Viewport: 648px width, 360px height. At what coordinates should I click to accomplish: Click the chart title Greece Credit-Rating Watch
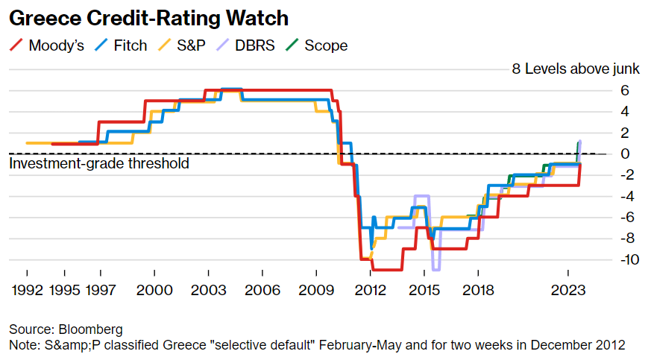tap(149, 18)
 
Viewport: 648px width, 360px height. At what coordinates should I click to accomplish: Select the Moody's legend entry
tap(46, 45)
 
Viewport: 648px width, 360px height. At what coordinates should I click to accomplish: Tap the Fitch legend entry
tap(121, 45)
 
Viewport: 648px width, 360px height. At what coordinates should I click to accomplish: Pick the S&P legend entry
tap(182, 45)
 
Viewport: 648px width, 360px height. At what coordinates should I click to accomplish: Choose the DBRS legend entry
tap(245, 45)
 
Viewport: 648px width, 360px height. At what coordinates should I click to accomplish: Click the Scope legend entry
tap(317, 45)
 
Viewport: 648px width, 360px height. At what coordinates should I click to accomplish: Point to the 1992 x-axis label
tap(28, 290)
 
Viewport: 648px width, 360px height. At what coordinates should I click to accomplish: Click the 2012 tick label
tap(371, 290)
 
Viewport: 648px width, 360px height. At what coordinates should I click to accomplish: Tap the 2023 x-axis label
tap(568, 290)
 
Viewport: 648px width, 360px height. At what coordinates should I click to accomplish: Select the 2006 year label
tap(262, 290)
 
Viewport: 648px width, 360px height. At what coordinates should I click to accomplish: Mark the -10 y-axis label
tap(630, 259)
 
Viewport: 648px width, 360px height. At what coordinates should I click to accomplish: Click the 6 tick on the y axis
tap(625, 90)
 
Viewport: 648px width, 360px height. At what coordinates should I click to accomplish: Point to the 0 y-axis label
tap(625, 154)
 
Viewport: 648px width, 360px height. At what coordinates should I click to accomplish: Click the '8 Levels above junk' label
tap(576, 69)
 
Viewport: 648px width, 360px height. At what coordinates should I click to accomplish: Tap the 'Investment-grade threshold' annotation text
tap(99, 163)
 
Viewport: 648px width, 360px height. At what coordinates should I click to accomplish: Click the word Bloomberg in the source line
tap(90, 329)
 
